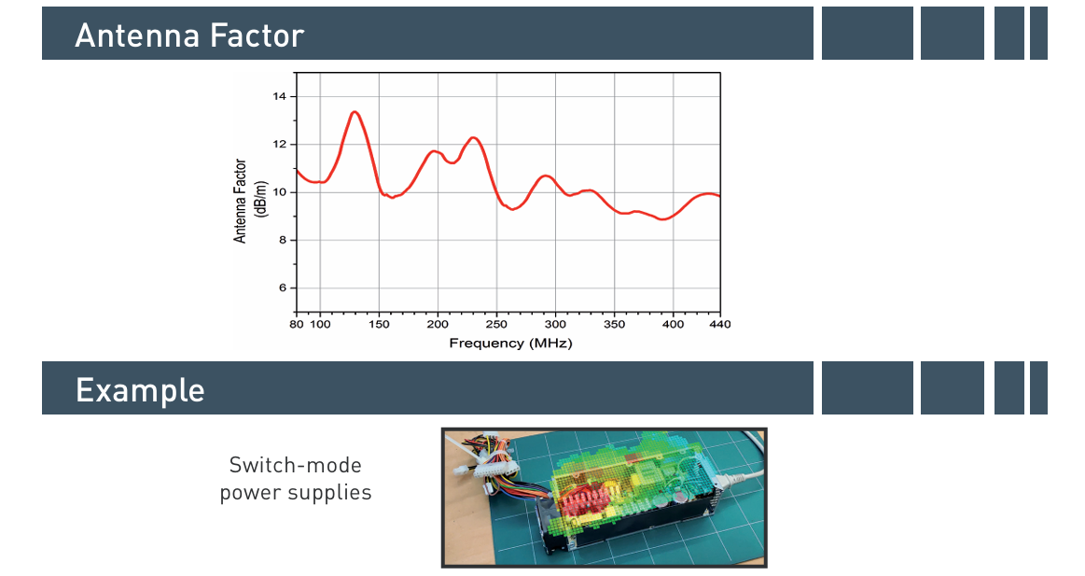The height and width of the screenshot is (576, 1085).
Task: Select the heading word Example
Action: click(x=140, y=390)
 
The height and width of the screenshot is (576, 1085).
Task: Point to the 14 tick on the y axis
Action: click(x=279, y=96)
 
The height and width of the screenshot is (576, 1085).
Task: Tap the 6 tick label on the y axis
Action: click(x=283, y=288)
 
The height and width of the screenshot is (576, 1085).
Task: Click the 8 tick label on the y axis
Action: click(x=283, y=240)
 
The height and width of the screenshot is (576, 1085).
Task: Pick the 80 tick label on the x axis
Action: click(x=296, y=324)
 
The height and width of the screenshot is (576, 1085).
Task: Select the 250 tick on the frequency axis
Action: click(x=496, y=324)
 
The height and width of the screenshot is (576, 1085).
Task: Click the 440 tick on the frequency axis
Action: click(x=720, y=324)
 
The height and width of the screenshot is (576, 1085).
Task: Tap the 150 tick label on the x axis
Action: click(x=379, y=324)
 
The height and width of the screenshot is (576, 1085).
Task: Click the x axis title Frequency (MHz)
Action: click(x=510, y=343)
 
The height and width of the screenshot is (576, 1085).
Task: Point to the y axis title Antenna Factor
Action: click(x=240, y=201)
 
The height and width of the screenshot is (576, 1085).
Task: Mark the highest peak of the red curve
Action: click(x=355, y=111)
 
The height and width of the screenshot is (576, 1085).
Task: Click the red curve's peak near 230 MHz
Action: click(x=473, y=138)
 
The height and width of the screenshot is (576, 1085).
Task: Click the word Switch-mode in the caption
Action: click(x=296, y=465)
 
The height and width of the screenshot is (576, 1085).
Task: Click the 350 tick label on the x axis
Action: click(x=614, y=324)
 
